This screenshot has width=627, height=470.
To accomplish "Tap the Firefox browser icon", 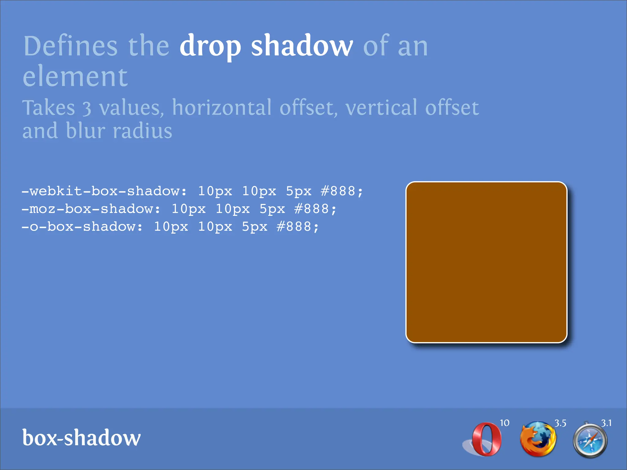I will pyautogui.click(x=538, y=439).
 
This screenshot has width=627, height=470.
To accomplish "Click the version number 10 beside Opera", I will pyautogui.click(x=505, y=423).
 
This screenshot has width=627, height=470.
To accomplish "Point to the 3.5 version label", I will pyautogui.click(x=560, y=423).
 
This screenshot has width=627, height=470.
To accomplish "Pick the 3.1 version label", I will pyautogui.click(x=606, y=423).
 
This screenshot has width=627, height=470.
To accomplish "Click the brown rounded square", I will pyautogui.click(x=486, y=262).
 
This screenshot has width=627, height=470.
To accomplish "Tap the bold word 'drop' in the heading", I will pyautogui.click(x=210, y=47).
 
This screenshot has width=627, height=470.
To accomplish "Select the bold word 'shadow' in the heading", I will pyautogui.click(x=302, y=46).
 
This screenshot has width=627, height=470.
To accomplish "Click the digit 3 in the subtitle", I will pyautogui.click(x=87, y=109).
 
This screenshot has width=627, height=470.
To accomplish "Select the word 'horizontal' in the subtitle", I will pyautogui.click(x=222, y=108).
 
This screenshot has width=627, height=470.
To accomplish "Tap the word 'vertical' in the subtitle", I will pyautogui.click(x=381, y=108).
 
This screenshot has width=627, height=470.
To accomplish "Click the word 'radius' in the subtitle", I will pyautogui.click(x=142, y=131).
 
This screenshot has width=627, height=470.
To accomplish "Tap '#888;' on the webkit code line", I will pyautogui.click(x=342, y=191).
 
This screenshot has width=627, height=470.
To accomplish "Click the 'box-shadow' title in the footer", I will pyautogui.click(x=81, y=438).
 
